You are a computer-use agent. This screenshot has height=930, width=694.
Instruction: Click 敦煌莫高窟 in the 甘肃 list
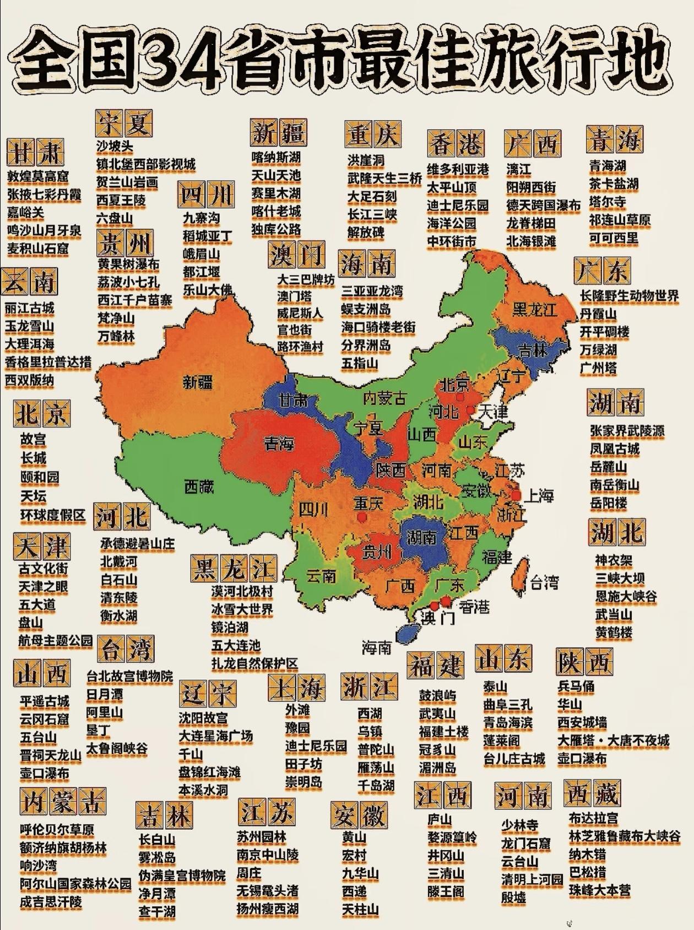click(38, 177)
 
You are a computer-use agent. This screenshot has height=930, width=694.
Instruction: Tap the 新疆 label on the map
click(198, 381)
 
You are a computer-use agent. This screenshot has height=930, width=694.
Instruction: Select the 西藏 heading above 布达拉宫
click(593, 793)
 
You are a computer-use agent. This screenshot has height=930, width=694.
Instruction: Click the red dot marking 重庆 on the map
click(361, 518)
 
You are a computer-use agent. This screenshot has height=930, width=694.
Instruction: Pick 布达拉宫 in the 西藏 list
click(593, 818)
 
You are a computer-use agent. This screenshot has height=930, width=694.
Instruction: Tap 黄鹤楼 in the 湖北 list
click(613, 632)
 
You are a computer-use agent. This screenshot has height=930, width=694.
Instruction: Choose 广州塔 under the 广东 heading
click(598, 367)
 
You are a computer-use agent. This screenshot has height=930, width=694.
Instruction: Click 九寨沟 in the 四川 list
click(202, 218)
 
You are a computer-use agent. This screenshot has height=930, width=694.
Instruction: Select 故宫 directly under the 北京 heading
click(34, 440)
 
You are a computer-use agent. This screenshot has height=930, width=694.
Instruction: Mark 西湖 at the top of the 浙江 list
click(370, 713)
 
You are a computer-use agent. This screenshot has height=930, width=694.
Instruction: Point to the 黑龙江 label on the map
click(534, 309)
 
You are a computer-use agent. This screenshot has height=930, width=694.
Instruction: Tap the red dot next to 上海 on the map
click(516, 495)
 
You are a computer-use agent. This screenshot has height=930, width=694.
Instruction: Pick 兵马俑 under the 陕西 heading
click(576, 686)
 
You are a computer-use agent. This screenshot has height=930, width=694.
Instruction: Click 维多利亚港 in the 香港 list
click(458, 170)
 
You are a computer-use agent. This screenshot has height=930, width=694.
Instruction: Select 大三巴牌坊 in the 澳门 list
click(306, 279)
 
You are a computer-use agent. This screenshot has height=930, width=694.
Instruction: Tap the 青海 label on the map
click(279, 442)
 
